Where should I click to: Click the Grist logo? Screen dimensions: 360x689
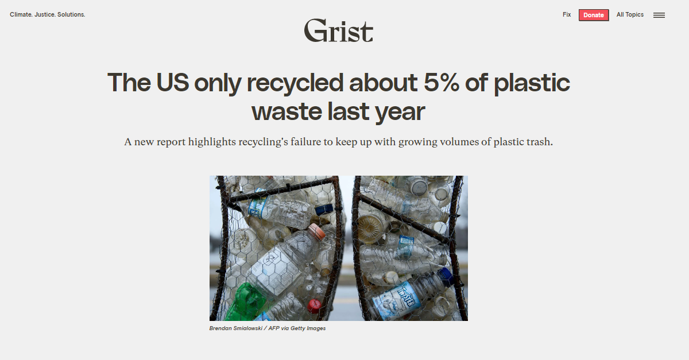pos(338,30)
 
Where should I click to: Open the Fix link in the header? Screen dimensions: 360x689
pos(567,15)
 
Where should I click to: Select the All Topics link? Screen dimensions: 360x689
pos(630,15)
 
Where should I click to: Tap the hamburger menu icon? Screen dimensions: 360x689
pos(659,16)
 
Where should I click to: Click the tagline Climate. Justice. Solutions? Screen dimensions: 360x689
pos(48,14)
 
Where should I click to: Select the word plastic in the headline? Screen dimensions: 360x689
pos(532,83)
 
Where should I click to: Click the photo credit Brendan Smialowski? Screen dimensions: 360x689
pos(235,328)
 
